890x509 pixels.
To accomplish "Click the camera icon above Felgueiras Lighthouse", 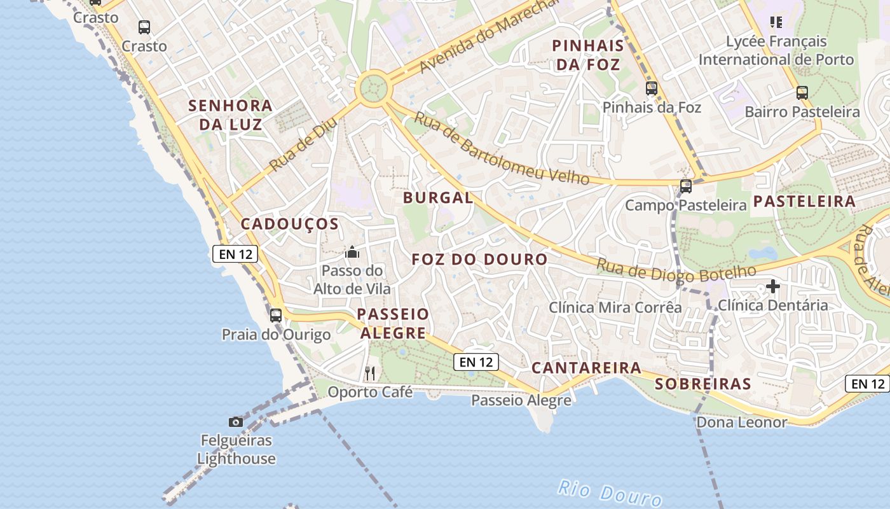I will [236, 422].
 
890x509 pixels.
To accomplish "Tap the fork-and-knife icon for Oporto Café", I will [370, 373].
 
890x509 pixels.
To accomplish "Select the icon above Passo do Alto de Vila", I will [352, 253].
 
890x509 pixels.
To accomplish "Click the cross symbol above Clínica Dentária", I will [773, 286].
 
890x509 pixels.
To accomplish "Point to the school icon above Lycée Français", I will [776, 23].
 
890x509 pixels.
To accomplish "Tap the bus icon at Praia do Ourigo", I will [275, 315].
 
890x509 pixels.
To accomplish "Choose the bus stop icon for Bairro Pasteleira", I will [802, 93].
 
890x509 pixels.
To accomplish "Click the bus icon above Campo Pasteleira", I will [685, 186].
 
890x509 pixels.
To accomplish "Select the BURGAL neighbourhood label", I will [438, 198].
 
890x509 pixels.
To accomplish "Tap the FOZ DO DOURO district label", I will [479, 260].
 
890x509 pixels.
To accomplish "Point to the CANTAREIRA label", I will [586, 368].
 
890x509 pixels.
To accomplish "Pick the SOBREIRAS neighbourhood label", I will [703, 384].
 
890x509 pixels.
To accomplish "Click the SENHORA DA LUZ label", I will [230, 115].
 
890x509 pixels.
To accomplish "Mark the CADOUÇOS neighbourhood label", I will [289, 224].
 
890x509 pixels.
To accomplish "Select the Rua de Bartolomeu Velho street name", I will [502, 148].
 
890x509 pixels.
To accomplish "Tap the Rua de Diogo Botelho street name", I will [676, 272].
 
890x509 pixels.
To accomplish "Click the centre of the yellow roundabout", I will [373, 88].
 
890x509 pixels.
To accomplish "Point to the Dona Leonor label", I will [741, 422].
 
